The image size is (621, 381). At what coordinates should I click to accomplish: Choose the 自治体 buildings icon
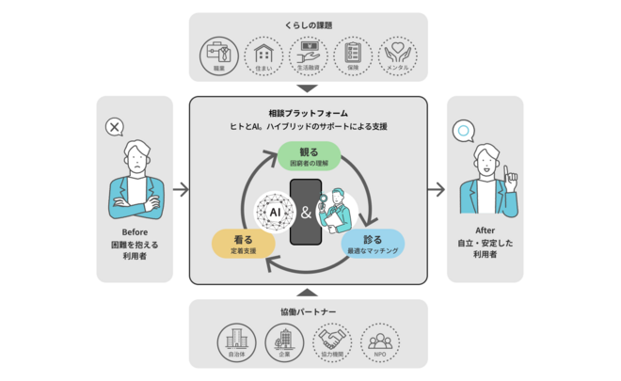click(237, 342)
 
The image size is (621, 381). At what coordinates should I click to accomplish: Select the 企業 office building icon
click(283, 342)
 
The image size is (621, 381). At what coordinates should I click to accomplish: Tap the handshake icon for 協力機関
click(333, 342)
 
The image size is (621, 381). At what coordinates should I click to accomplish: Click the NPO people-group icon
click(380, 342)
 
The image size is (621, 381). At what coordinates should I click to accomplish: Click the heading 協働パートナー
click(309, 311)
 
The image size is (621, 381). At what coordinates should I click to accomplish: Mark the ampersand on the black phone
click(306, 212)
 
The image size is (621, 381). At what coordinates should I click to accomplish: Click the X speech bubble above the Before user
click(116, 127)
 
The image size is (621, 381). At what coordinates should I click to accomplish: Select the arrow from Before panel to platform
click(182, 190)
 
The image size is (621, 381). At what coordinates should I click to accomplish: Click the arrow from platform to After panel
click(437, 190)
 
